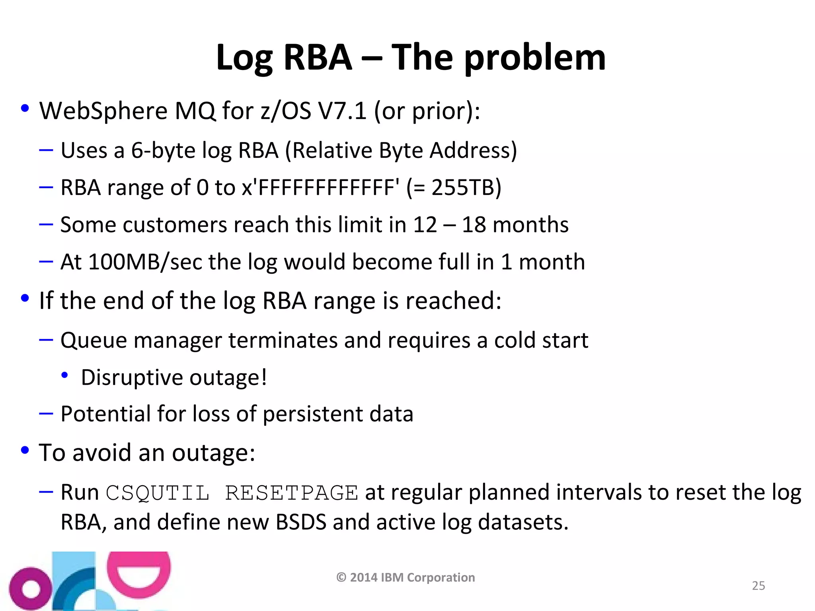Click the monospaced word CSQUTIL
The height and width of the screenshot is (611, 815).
click(x=158, y=493)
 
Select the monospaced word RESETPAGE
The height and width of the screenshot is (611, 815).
click(x=292, y=493)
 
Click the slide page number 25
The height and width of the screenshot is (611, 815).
click(x=758, y=586)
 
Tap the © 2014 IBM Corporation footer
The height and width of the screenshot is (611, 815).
click(x=406, y=577)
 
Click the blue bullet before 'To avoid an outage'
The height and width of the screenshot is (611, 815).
click(x=25, y=450)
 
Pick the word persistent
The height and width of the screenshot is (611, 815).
click(x=312, y=414)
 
